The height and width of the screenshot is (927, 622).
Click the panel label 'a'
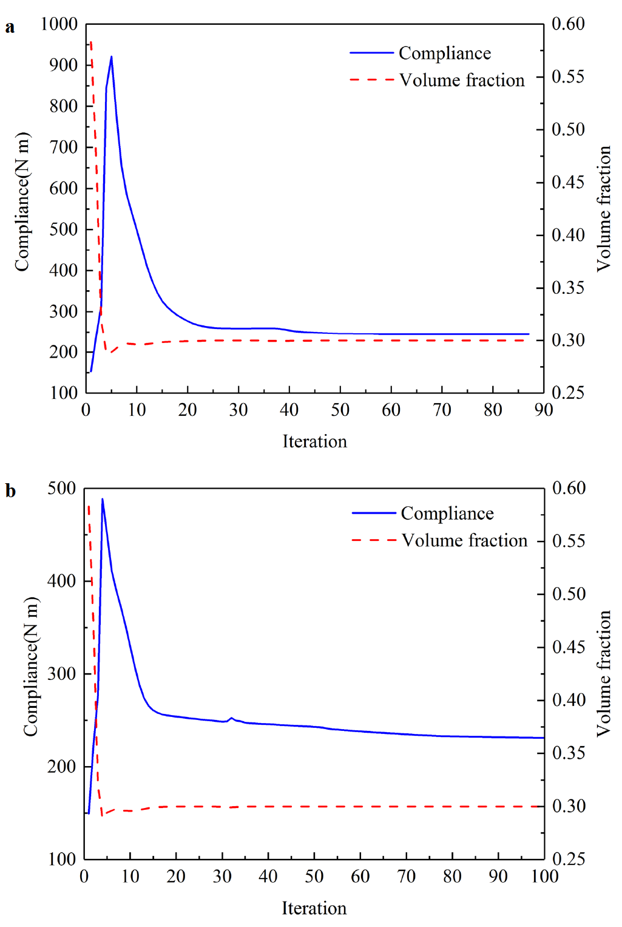(x=10, y=27)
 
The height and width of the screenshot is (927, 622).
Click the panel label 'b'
(x=10, y=491)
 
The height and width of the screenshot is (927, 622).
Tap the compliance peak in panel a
(x=111, y=57)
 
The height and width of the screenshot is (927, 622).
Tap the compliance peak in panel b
(x=103, y=500)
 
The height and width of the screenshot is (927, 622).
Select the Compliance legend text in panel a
(x=445, y=53)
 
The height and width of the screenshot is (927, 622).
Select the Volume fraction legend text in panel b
(x=464, y=540)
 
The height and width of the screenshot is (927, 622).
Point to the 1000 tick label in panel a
(x=59, y=24)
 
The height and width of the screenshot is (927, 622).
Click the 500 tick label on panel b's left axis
(x=62, y=488)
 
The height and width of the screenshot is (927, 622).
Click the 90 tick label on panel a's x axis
(x=543, y=410)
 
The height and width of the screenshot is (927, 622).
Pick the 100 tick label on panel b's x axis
(x=544, y=876)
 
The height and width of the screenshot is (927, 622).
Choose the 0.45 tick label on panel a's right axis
(x=568, y=182)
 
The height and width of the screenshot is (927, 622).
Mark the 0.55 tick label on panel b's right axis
(x=569, y=541)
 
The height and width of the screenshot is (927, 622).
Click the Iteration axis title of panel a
(x=314, y=441)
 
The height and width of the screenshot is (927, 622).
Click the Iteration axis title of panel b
(x=314, y=908)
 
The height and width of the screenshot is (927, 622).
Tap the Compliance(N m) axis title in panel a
(x=22, y=202)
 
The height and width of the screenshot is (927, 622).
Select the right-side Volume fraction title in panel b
(x=603, y=673)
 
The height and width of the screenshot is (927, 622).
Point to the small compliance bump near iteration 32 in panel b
(x=231, y=718)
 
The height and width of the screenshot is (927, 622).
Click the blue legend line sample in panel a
(x=371, y=53)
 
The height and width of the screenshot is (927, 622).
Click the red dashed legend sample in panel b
(x=374, y=540)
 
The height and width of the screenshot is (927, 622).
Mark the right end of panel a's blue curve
(x=529, y=334)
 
